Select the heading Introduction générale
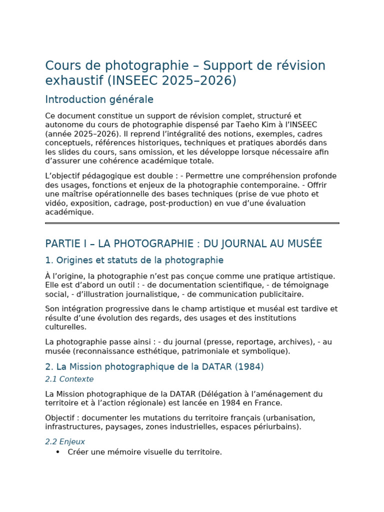click(99, 99)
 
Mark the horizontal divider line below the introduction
click(192, 223)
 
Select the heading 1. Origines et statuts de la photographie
click(134, 260)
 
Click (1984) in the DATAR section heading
click(248, 366)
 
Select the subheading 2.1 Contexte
click(69, 379)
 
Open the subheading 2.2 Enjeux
click(65, 442)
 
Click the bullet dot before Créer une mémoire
click(57, 452)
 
